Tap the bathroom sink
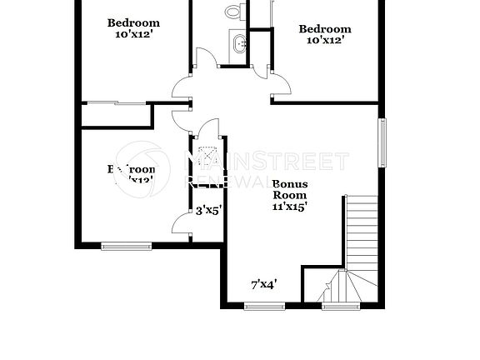240,45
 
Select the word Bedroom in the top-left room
133,22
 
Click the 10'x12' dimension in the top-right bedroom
325,39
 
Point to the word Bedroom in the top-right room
325,27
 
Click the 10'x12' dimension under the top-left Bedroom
133,34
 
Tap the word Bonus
291,183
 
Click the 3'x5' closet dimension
207,211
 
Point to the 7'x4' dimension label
264,284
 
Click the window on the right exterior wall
383,142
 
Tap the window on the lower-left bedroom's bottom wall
127,245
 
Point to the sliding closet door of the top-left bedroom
117,103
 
